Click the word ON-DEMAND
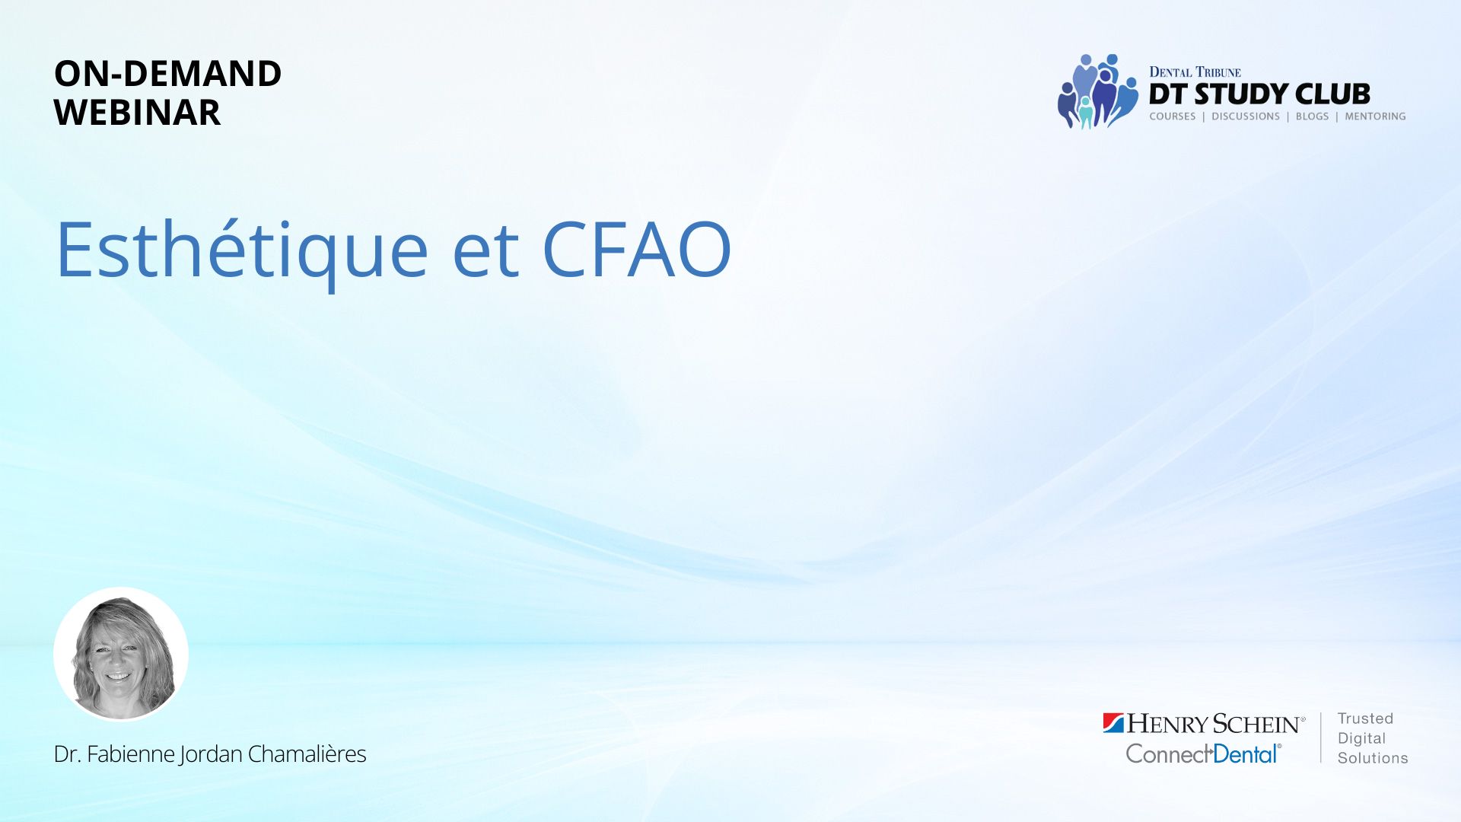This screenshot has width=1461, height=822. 167,74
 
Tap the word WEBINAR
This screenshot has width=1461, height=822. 137,113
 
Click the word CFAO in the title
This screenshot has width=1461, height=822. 637,250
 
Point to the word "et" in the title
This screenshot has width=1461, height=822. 485,253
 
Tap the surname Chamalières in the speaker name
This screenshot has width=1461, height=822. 307,753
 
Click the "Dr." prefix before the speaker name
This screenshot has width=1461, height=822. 67,753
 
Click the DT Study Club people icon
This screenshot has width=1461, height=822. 1098,91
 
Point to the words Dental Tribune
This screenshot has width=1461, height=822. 1195,72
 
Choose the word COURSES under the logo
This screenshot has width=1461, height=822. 1173,116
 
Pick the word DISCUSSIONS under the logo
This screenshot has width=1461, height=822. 1246,116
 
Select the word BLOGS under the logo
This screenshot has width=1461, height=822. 1312,116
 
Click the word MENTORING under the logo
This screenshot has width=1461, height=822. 1375,116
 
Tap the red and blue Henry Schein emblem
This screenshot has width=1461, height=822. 1113,723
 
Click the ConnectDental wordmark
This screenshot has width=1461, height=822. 1203,753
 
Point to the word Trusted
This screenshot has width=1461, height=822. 1365,718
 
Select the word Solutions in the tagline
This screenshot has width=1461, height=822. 1373,758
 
